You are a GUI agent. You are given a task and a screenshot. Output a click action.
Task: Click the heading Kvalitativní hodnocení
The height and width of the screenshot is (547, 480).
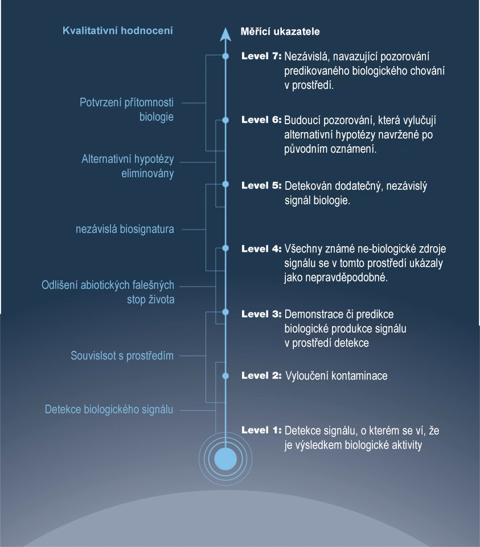pos(117,31)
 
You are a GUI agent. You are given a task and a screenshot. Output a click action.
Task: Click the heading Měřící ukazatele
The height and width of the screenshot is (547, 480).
pos(280,31)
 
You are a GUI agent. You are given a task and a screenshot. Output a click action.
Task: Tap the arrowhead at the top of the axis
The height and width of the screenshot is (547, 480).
pos(225,34)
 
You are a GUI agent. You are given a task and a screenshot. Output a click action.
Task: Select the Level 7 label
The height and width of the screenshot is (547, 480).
pos(261,56)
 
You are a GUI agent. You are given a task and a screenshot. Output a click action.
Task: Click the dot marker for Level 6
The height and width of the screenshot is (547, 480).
pos(225,120)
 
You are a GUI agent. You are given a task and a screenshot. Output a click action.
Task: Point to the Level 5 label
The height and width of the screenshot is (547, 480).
pos(261,185)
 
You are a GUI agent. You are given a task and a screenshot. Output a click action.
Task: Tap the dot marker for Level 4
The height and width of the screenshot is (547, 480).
pos(225,248)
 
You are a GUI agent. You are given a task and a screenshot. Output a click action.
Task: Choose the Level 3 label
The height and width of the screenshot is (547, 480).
pos(261,314)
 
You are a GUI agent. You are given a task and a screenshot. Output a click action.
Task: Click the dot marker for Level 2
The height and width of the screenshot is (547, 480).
pos(225,375)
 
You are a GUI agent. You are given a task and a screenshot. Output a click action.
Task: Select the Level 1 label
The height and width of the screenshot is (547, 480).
pos(261,430)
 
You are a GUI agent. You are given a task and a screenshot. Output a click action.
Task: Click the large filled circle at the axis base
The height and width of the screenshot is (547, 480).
pos(225,459)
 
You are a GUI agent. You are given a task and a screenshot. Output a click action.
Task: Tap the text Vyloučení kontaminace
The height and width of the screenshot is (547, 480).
pos(337,375)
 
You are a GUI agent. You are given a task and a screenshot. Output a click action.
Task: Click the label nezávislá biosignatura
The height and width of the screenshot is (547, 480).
pos(125,229)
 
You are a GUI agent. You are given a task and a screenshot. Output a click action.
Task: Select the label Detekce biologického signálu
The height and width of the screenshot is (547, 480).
pos(109,410)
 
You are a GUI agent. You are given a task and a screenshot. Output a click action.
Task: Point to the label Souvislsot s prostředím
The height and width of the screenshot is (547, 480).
pos(122,356)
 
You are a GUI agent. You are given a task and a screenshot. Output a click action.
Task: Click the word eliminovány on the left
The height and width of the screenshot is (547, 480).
pos(147,173)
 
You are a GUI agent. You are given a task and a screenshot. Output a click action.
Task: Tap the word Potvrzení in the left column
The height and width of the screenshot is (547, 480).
pos(101,102)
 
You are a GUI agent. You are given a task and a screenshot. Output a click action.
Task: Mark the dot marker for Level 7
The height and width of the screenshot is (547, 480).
pos(225,56)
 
